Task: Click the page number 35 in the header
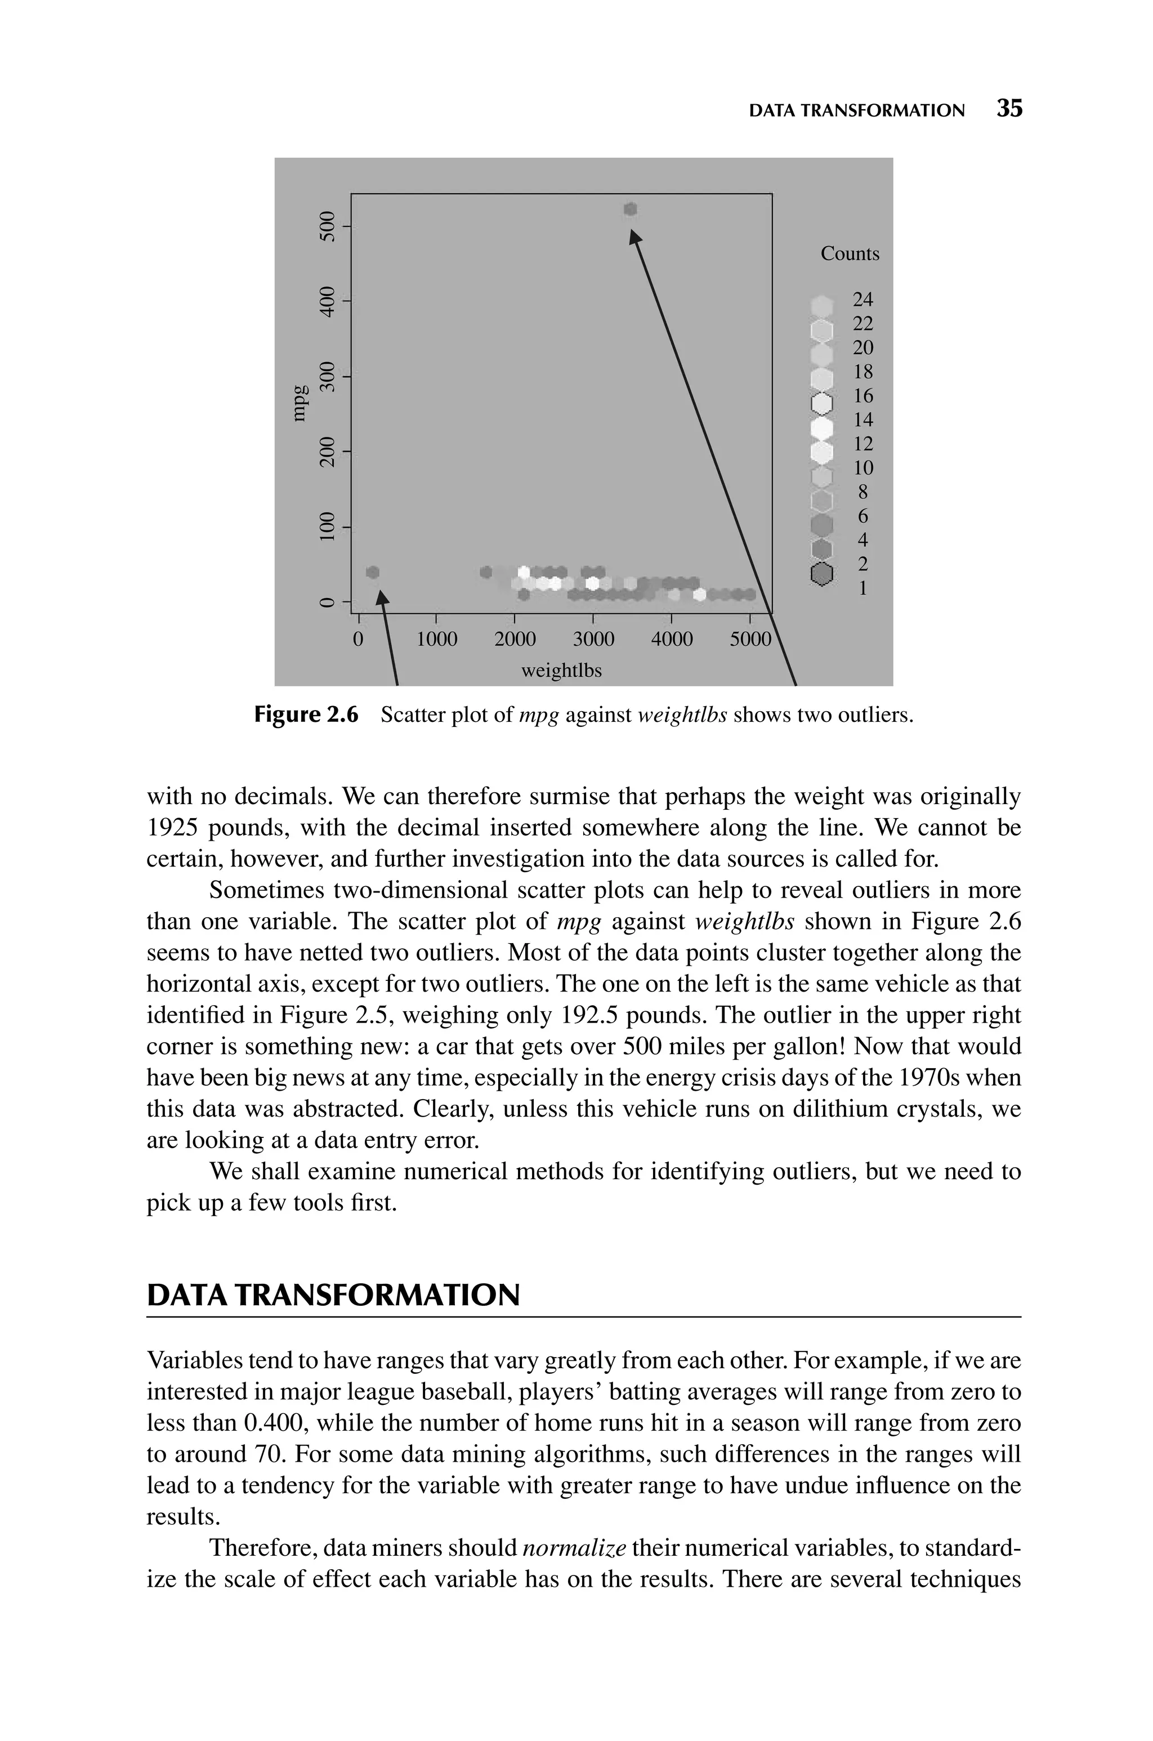(1009, 109)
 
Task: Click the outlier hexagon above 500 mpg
(630, 209)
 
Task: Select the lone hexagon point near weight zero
(373, 572)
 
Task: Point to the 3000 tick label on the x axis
(593, 639)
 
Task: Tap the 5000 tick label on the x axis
(750, 639)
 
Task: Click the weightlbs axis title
(561, 671)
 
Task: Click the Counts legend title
(850, 253)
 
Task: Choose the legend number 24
(862, 299)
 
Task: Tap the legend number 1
(862, 588)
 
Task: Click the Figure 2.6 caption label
(306, 715)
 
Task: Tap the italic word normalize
(574, 1548)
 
